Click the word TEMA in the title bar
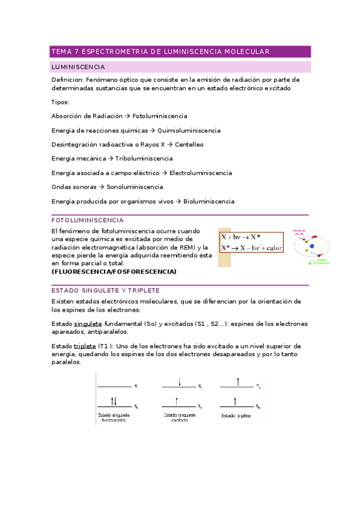61,52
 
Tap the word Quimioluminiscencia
189,131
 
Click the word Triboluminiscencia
144,159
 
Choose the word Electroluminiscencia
200,173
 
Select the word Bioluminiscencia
209,201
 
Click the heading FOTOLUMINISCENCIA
88,221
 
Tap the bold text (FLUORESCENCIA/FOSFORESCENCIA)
114,272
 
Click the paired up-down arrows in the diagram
114,401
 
